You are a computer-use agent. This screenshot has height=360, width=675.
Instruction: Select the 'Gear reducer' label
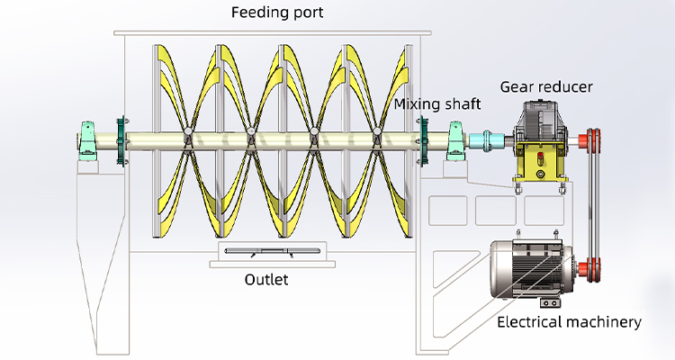tap(546, 87)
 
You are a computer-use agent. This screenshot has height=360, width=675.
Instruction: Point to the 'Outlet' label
tap(266, 279)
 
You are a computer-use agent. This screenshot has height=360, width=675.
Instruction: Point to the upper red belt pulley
tap(591, 139)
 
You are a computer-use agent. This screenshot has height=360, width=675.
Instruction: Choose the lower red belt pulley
tap(591, 267)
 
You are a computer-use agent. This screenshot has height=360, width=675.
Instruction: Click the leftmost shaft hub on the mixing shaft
tap(186, 137)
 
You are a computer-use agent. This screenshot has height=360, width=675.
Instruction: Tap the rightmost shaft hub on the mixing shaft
tap(377, 137)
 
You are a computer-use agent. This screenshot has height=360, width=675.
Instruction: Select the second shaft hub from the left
tap(250, 137)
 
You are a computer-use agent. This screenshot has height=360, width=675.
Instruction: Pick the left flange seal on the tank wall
tap(120, 140)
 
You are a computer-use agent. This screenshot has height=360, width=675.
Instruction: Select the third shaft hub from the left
tap(314, 137)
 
